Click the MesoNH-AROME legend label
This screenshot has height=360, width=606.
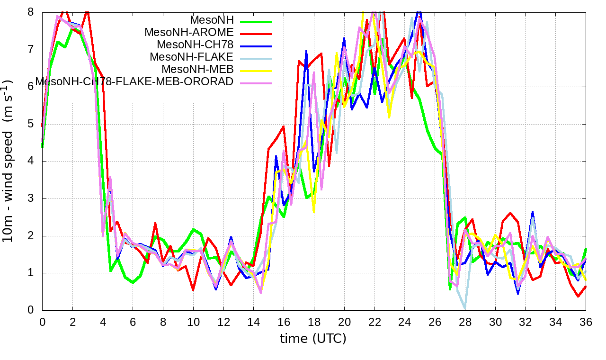click(x=189, y=32)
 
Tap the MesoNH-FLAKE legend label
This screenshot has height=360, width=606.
click(x=192, y=57)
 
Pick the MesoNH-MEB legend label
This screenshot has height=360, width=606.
click(x=197, y=69)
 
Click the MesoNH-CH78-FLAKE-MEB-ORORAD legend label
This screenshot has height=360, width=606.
click(x=134, y=81)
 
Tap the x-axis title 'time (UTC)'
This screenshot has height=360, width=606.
click(x=313, y=339)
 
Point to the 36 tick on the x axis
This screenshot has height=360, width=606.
click(x=586, y=322)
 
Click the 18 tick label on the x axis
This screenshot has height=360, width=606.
click(x=314, y=322)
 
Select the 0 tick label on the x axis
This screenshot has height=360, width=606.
click(x=42, y=322)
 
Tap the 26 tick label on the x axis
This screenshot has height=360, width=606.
click(x=435, y=322)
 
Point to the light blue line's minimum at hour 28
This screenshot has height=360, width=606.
click(x=465, y=308)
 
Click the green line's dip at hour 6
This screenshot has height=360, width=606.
click(x=133, y=282)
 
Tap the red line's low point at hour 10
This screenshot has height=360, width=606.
click(x=193, y=289)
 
